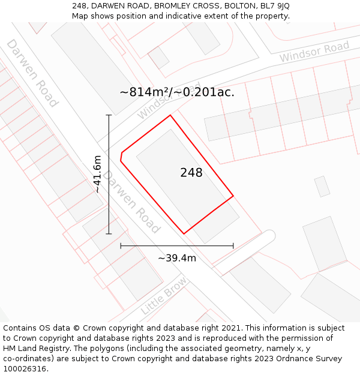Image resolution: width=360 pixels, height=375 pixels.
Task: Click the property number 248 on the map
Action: click(x=191, y=173)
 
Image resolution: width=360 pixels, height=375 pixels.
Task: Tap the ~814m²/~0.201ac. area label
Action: click(x=177, y=92)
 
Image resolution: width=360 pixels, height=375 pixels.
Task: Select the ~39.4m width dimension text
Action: click(x=177, y=258)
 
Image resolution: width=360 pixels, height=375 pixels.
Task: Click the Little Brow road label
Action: click(x=163, y=296)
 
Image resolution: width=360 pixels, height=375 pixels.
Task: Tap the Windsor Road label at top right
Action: click(x=314, y=52)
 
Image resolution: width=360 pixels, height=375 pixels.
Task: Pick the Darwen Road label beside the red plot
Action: click(x=131, y=202)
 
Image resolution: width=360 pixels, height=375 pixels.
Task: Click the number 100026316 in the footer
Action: click(x=24, y=369)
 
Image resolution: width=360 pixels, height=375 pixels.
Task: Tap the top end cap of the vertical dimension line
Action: click(x=109, y=115)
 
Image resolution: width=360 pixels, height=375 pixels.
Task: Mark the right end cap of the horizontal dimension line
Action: click(x=233, y=245)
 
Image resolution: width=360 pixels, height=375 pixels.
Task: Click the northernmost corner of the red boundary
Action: click(x=170, y=115)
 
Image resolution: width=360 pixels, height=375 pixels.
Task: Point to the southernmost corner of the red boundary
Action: click(x=184, y=233)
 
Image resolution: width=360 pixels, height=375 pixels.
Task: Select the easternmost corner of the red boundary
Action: click(x=233, y=196)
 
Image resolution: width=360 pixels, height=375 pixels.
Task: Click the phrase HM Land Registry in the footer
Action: click(x=31, y=349)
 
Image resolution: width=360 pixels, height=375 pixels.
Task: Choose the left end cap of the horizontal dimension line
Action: click(x=121, y=245)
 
